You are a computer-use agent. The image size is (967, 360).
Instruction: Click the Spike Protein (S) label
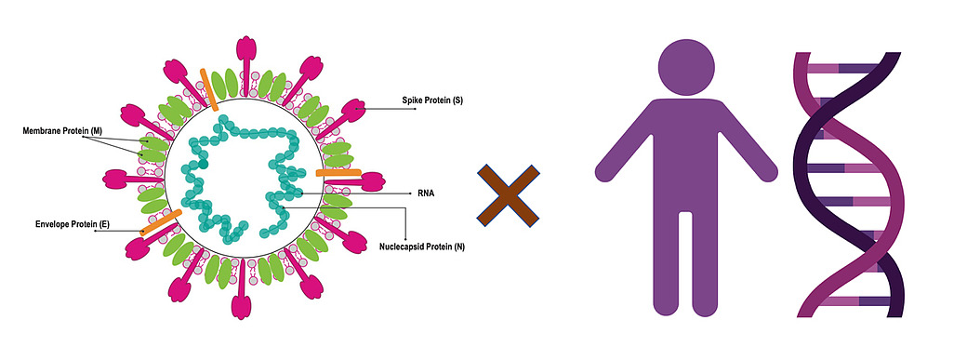click(432, 100)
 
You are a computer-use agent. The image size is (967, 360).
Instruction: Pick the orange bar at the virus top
click(209, 87)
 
